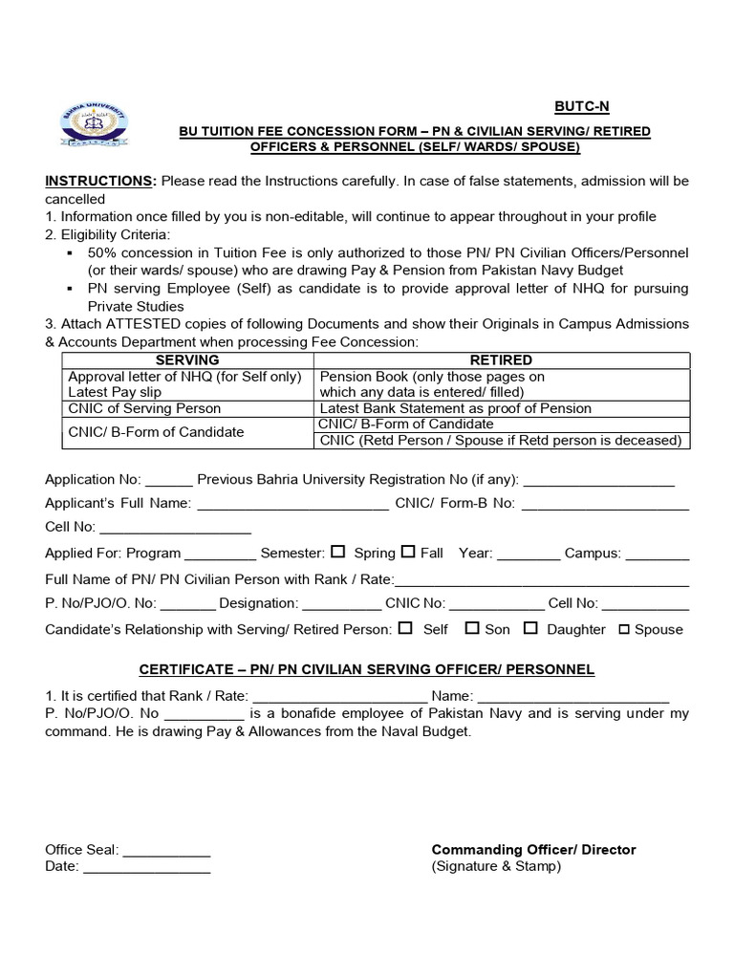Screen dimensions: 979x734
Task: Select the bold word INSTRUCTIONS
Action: (x=99, y=182)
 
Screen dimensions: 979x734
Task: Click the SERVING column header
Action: (x=187, y=360)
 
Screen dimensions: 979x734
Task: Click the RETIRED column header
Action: (x=502, y=360)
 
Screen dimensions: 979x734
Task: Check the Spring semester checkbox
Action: (x=338, y=552)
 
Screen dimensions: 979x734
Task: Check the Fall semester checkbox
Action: (x=408, y=552)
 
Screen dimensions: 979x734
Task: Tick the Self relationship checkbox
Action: (x=405, y=628)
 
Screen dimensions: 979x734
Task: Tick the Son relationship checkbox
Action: (x=472, y=628)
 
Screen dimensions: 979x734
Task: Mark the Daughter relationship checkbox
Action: (x=530, y=628)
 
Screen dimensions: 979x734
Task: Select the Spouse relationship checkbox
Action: (x=624, y=629)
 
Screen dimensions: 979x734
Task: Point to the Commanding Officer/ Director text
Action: (x=533, y=849)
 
